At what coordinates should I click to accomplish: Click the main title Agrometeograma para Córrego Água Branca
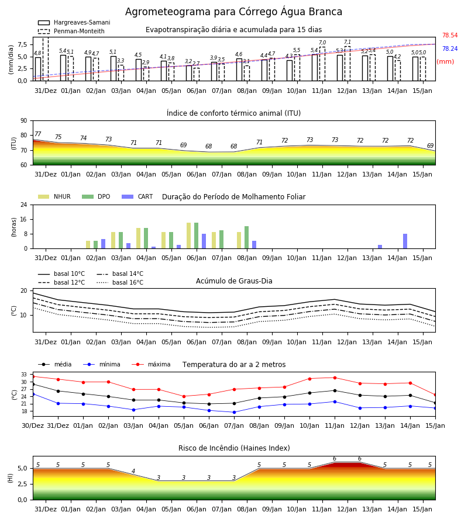point(233,12)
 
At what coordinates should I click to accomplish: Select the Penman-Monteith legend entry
point(71,31)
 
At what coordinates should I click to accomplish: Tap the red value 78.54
point(450,35)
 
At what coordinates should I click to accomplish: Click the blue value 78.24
point(450,49)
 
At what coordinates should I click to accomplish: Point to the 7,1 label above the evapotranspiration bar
point(347,42)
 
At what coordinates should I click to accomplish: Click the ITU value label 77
point(37,134)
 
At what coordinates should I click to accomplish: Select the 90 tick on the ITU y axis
point(24,121)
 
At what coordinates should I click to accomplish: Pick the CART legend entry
point(137,196)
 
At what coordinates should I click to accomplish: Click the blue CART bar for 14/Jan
point(405,241)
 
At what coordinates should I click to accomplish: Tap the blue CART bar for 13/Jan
point(380,247)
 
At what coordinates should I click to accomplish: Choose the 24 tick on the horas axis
point(24,205)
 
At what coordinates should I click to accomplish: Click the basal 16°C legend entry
point(120,282)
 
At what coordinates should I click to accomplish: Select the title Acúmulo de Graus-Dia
point(234,281)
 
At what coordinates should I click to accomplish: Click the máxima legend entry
point(152,364)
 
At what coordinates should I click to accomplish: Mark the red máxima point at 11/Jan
point(335,378)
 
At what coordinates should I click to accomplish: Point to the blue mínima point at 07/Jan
point(235,412)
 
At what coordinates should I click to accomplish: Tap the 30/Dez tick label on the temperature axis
point(33,425)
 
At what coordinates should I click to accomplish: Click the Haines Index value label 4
point(133,471)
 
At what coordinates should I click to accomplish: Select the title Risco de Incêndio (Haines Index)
point(234,448)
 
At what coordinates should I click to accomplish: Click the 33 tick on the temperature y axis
point(24,375)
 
